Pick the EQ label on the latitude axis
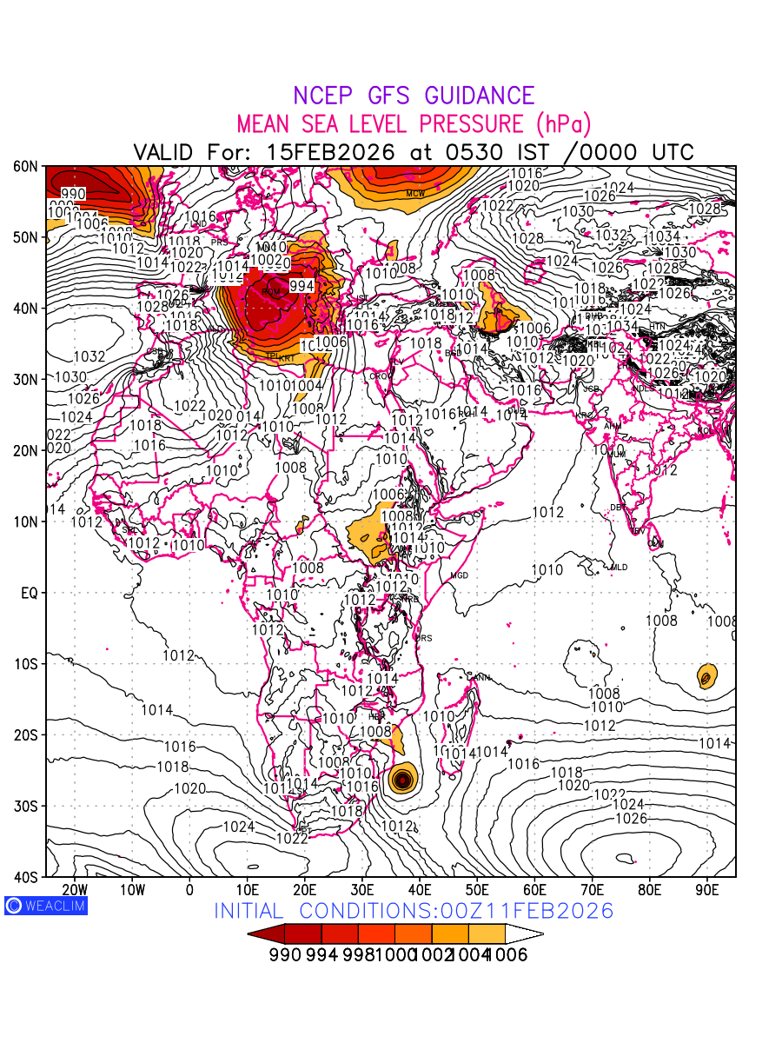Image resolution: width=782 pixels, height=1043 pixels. pos(29,593)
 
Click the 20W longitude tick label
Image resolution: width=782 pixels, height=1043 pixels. pos(75,890)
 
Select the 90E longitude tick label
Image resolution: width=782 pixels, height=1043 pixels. pos(707,890)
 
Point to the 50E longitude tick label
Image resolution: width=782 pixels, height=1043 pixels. pos(477,890)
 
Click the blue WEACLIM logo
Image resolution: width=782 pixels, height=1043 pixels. pos(45,906)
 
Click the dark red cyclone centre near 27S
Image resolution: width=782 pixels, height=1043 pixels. pos(402,780)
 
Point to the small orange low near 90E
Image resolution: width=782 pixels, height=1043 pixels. pos(706,675)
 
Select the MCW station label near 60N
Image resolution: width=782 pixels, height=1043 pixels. pos(415,193)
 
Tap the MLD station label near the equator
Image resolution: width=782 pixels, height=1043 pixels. pos(619,567)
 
